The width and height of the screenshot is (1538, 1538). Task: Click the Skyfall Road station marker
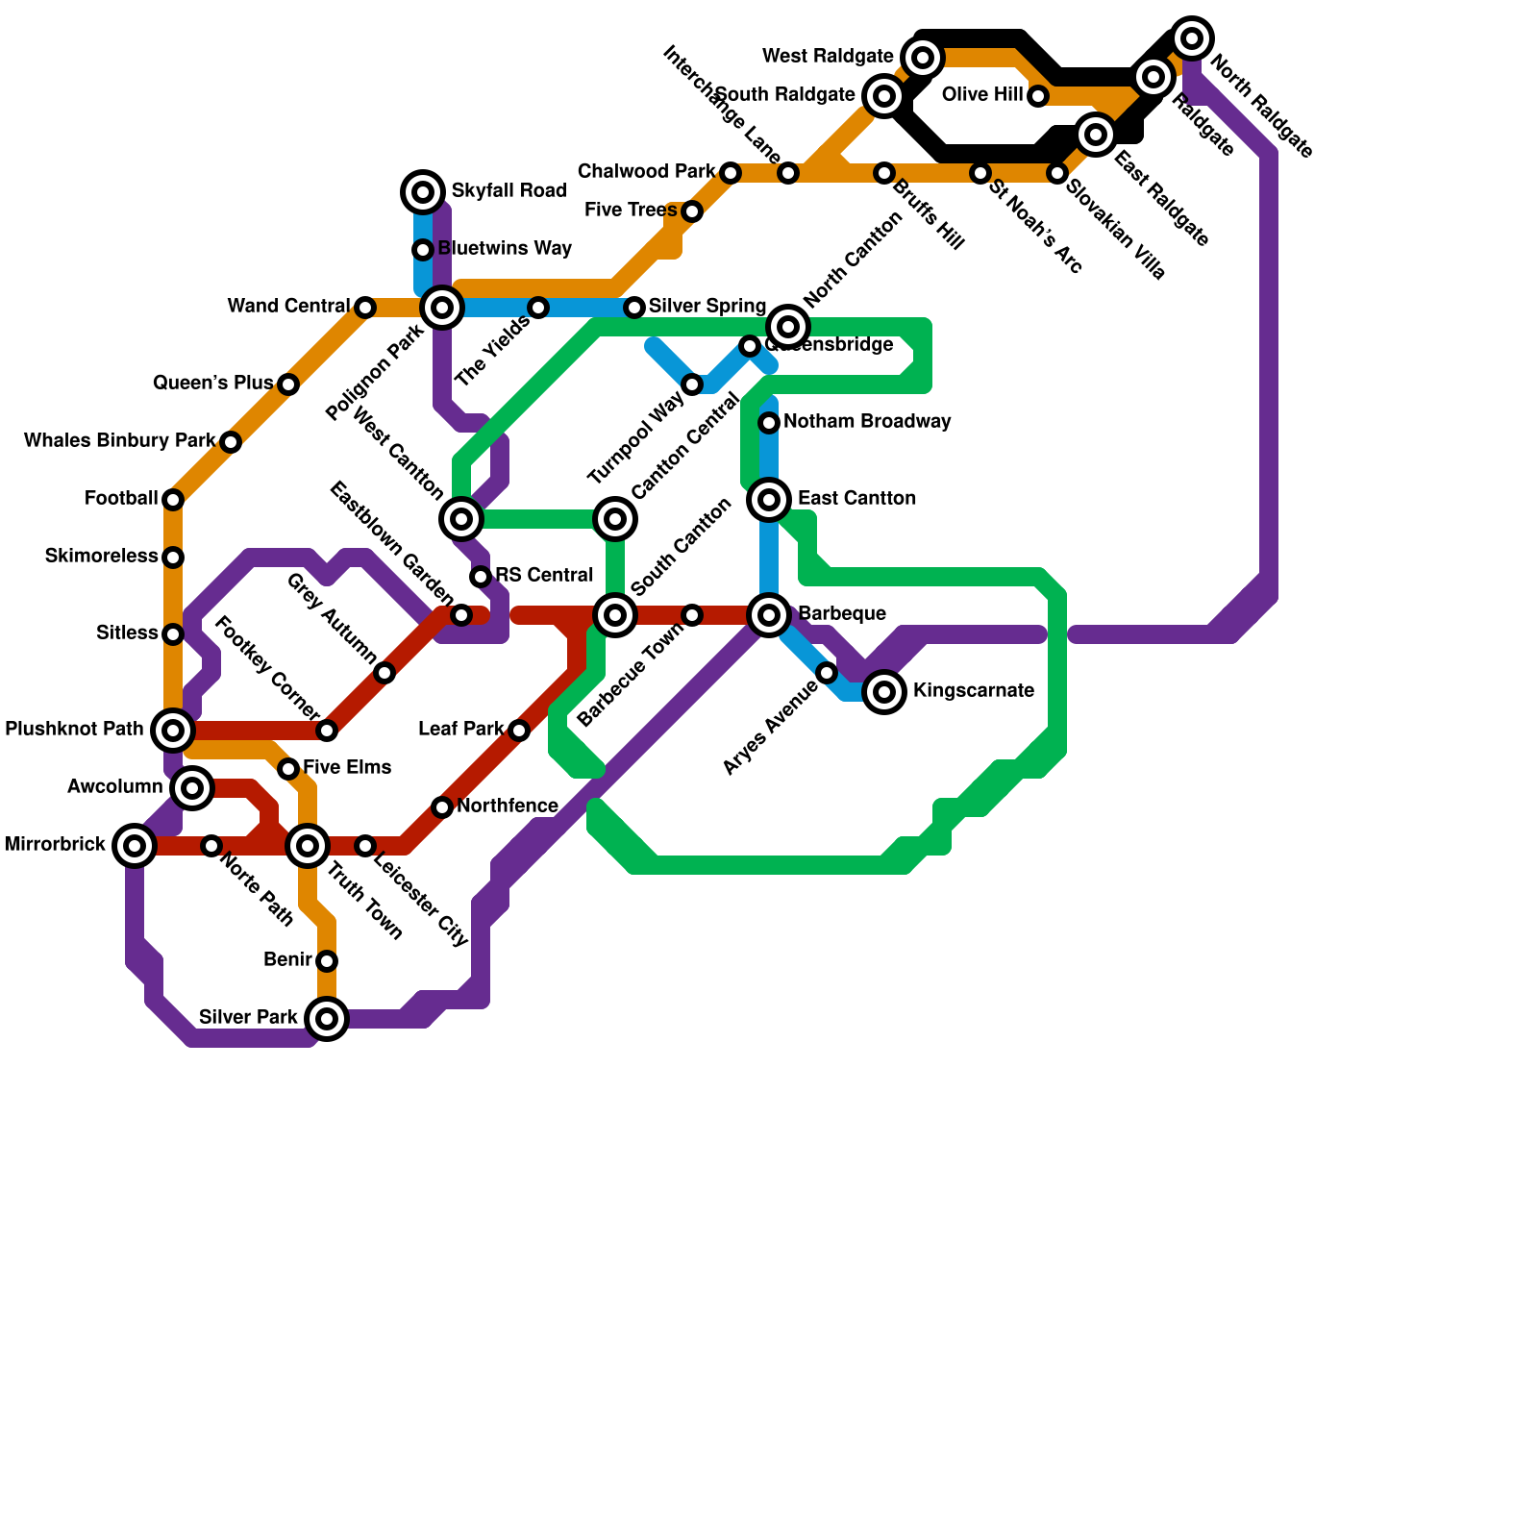point(423,192)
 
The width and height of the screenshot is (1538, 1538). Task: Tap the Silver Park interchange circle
point(327,1019)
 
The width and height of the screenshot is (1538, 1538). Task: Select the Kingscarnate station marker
point(884,692)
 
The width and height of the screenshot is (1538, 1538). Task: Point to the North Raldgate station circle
point(1192,38)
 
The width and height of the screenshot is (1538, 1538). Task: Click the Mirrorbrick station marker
point(135,846)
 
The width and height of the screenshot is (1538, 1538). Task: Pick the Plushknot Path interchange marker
point(173,731)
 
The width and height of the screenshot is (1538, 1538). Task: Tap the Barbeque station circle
point(769,615)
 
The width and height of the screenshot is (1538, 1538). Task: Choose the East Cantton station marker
point(769,500)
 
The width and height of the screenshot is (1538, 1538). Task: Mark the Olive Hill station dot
point(1038,96)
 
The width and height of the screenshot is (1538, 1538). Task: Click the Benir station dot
point(327,961)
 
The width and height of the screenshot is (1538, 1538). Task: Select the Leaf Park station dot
point(519,731)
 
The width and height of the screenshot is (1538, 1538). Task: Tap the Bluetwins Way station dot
point(423,250)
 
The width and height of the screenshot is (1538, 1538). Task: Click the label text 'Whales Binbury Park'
point(119,441)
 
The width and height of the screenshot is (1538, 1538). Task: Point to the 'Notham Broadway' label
point(867,422)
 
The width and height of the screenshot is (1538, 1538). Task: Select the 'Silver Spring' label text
point(707,307)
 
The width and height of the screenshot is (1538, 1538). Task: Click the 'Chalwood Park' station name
point(646,172)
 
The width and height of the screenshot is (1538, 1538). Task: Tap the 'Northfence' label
point(507,806)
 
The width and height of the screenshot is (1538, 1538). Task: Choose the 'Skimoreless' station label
point(101,557)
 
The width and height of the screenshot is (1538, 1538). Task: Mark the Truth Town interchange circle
point(308,846)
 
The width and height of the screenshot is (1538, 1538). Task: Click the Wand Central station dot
point(365,308)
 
